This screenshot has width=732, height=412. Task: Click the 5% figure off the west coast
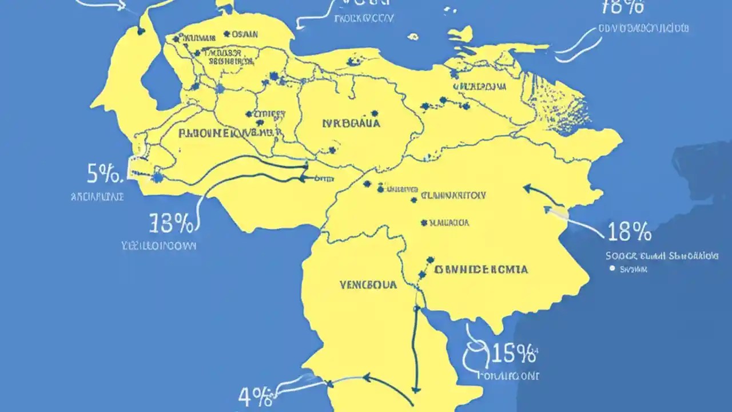103,172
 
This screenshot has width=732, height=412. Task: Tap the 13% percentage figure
171,223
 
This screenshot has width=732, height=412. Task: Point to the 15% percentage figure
514,354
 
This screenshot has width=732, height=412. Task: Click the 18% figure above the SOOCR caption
628,233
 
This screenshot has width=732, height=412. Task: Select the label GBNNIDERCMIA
480,269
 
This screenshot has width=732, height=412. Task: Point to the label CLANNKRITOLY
453,195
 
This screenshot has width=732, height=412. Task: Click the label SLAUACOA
449,223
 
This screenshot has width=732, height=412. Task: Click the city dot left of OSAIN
227,34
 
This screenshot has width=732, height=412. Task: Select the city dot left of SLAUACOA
424,223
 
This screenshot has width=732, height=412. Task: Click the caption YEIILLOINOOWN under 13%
159,246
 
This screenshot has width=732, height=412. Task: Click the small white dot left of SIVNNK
612,267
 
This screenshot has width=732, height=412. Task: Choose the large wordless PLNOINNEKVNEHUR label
229,133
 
